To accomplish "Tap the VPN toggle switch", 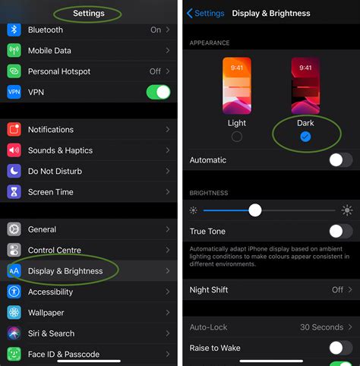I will [158, 92].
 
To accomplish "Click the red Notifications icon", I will [14, 130].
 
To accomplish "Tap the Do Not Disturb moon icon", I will [14, 172].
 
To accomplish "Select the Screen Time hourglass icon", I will [14, 192].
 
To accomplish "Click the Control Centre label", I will [55, 250].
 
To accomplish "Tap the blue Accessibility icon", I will [14, 292].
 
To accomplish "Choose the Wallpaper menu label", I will [46, 313].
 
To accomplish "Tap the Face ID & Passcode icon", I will [14, 354].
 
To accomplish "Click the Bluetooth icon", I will [14, 30].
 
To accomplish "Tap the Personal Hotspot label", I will [59, 71].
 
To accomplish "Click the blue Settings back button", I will [205, 13].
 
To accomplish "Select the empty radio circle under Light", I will [237, 137].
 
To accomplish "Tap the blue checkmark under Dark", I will [305, 137].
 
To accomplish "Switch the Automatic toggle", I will [340, 160].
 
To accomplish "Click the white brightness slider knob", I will [255, 210].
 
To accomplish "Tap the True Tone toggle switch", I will [340, 231].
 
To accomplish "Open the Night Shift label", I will [209, 290].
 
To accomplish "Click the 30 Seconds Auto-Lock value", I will [321, 327].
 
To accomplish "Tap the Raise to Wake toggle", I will [340, 348].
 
